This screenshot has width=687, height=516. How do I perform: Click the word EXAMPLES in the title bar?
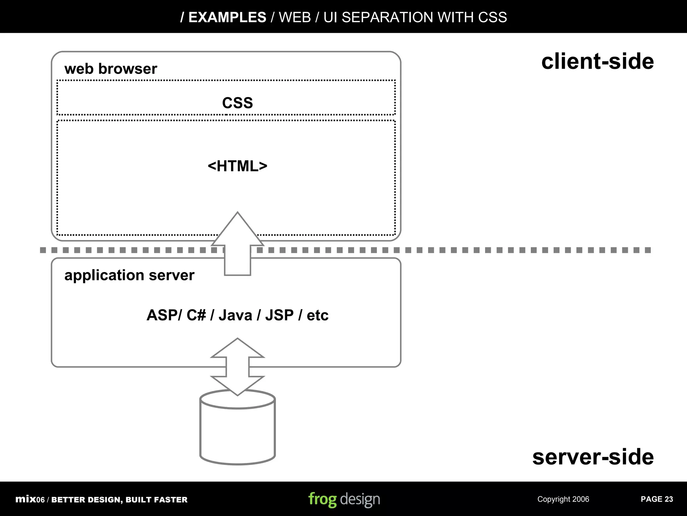click(x=227, y=17)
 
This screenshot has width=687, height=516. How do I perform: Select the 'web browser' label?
click(x=110, y=69)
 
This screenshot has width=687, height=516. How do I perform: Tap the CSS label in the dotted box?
click(x=237, y=103)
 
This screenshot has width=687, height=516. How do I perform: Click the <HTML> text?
click(x=237, y=166)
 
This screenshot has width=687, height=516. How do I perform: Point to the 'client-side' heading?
click(x=597, y=61)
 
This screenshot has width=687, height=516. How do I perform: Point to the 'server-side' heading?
click(x=593, y=457)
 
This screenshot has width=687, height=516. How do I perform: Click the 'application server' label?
click(x=129, y=275)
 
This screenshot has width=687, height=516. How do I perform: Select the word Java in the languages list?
click(x=235, y=315)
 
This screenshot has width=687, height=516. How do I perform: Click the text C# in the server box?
click(x=196, y=315)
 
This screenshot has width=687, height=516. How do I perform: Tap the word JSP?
click(x=279, y=315)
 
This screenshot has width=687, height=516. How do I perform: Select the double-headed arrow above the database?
click(x=237, y=367)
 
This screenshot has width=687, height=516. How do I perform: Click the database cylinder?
click(x=237, y=433)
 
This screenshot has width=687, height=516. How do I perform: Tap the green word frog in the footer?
click(x=322, y=499)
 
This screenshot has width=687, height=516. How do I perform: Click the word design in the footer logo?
click(x=360, y=499)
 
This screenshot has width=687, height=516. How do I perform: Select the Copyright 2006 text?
click(x=563, y=499)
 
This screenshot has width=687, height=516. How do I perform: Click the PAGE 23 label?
click(x=656, y=499)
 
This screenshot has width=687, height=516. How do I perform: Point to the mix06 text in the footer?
click(x=30, y=499)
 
